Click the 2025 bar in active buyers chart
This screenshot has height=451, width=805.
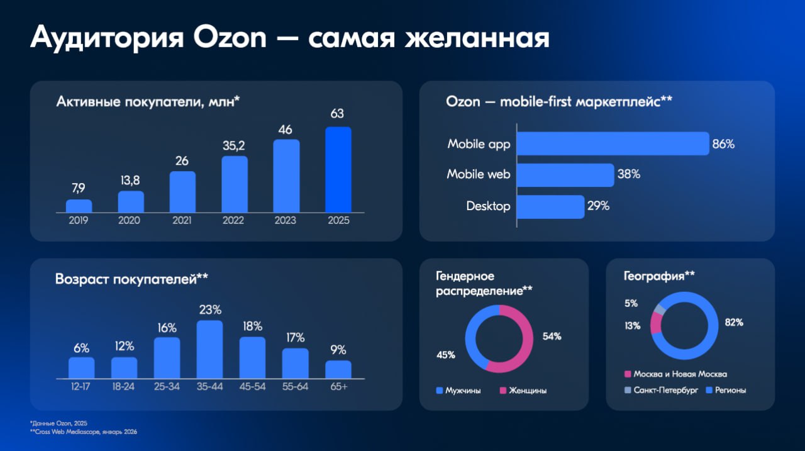click(338, 169)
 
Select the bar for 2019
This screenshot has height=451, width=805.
click(79, 206)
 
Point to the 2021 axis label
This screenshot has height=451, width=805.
click(182, 221)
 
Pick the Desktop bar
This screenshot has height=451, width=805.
click(550, 206)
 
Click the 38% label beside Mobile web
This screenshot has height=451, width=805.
click(628, 174)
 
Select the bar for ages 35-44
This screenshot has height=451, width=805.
click(209, 349)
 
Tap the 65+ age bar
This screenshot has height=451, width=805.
click(338, 369)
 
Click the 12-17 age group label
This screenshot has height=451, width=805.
click(81, 386)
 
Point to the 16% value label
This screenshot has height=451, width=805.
click(167, 328)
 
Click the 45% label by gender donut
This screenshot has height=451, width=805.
click(445, 355)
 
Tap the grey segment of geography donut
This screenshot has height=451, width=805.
click(659, 309)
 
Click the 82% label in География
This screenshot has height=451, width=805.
click(734, 322)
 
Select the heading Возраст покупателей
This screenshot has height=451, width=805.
click(131, 279)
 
